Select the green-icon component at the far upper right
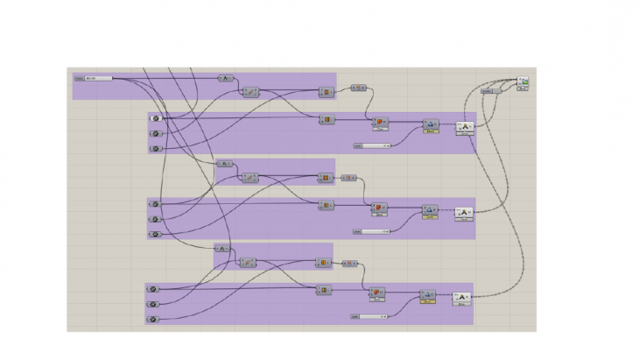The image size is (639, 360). click(524, 81)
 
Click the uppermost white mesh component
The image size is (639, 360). click(464, 128)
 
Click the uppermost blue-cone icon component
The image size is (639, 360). click(430, 125)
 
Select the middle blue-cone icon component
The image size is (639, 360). click(429, 210)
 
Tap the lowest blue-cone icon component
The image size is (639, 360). click(427, 295)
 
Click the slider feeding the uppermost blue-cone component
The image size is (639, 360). click(373, 145)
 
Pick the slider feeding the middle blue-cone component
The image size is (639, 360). click(372, 231)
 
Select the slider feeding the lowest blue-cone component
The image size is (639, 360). click(369, 315)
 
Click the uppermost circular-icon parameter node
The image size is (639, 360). click(155, 118)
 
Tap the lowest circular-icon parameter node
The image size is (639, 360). click(152, 319)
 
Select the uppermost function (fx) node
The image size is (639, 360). click(222, 78)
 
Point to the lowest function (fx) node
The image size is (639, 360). click(222, 249)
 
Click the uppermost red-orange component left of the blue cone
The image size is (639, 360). click(379, 122)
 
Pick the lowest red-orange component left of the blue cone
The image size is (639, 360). click(376, 293)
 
